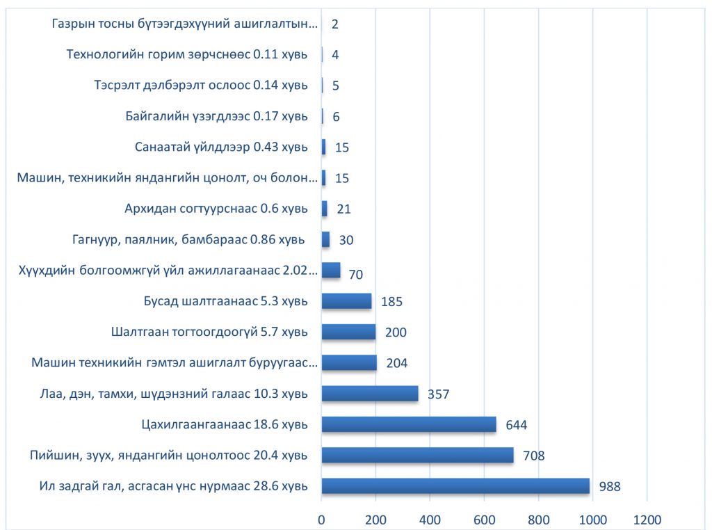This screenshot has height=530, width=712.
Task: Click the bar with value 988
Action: pos(455,485)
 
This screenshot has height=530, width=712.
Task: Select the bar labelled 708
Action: pos(417,455)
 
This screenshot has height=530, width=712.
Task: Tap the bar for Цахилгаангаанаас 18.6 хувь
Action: pos(409,424)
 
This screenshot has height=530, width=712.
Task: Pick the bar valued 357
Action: pos(370,394)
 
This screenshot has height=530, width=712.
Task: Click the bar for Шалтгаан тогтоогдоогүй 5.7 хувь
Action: pos(348,332)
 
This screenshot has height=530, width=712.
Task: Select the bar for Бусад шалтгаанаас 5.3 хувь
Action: pos(346,301)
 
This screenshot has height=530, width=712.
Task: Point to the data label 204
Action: pos(397,363)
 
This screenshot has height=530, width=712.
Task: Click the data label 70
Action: pos(356,275)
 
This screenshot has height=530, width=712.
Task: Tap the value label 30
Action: pos(346,240)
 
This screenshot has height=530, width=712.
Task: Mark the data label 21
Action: pos(343,209)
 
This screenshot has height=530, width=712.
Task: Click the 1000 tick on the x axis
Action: pos(592,519)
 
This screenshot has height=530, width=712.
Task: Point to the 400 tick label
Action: pos(430,519)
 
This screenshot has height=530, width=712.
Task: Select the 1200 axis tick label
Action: pos(647,519)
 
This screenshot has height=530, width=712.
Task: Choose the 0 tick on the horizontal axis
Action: pos(321,519)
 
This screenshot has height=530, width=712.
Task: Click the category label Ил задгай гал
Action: pos(173,485)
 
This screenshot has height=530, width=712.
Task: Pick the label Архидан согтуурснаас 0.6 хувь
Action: pos(216,209)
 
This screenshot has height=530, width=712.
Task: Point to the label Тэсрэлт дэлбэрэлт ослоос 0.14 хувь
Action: pos(200,86)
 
